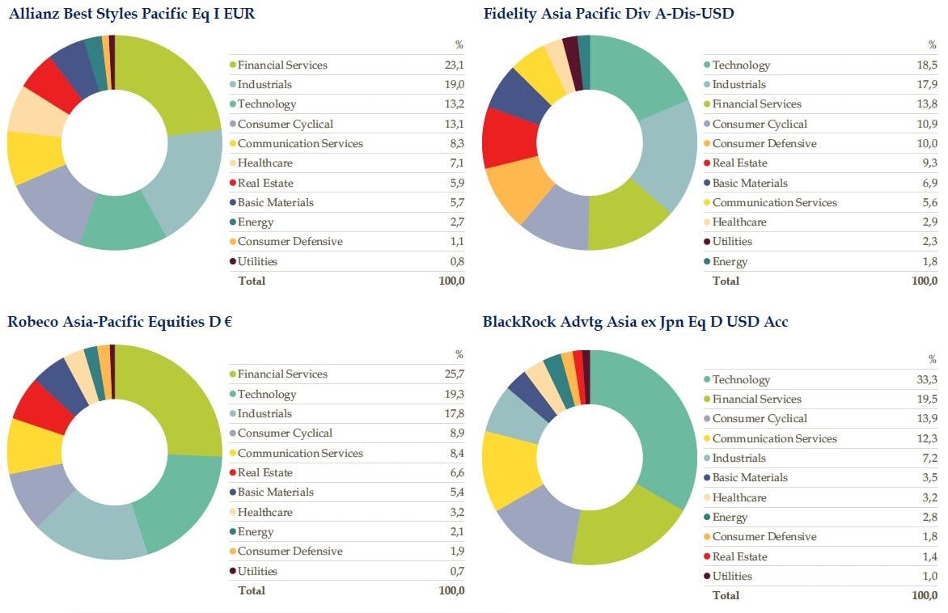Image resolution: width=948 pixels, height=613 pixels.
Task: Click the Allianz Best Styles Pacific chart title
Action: (131, 13)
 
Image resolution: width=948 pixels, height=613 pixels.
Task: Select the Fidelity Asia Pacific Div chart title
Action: (608, 13)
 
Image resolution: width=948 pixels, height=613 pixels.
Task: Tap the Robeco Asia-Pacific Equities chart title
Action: (120, 322)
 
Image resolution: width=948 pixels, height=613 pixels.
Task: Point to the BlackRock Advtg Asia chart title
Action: (635, 322)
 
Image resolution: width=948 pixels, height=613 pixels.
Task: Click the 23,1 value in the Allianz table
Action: (454, 66)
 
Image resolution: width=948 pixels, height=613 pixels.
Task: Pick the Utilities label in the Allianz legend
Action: (257, 261)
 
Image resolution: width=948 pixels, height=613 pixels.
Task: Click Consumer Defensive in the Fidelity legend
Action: (764, 144)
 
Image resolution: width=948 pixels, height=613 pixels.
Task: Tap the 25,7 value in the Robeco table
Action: (454, 374)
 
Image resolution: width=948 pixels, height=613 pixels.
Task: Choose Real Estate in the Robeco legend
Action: (265, 472)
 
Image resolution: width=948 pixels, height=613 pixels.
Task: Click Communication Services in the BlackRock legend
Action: (774, 438)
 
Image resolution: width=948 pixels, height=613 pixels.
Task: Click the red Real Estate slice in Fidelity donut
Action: (506, 137)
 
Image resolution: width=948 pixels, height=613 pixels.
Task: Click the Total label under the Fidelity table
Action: (725, 281)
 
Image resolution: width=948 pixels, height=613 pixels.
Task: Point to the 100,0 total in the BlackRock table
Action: (924, 595)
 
